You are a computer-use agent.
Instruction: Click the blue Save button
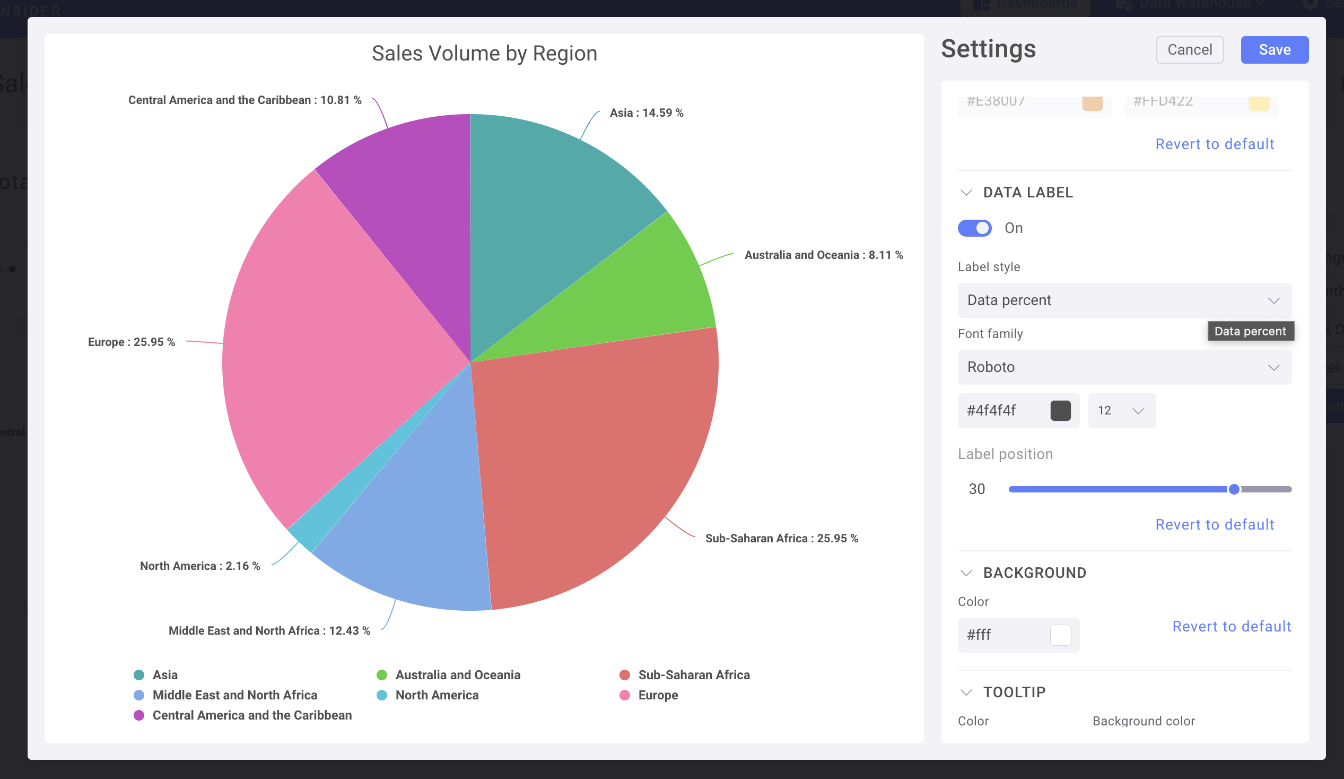pos(1273,50)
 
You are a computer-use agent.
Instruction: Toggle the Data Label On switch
pos(974,228)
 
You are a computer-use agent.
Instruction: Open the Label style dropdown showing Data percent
pos(1124,300)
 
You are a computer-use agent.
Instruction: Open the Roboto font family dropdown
pos(1124,367)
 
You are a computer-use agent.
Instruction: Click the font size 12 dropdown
pos(1121,410)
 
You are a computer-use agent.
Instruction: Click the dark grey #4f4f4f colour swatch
pos(1060,410)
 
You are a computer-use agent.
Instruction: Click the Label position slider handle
pos(1233,489)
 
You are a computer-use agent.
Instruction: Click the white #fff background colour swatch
pos(1060,635)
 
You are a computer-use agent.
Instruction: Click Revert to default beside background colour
pos(1231,626)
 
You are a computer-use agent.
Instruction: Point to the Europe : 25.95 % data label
pos(131,342)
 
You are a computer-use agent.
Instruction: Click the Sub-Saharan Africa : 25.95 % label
pos(781,539)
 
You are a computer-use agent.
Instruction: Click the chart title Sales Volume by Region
pos(484,54)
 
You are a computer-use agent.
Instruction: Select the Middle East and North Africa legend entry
pos(234,695)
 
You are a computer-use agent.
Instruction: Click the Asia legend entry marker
pos(139,675)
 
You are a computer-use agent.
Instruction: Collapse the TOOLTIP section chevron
pos(966,692)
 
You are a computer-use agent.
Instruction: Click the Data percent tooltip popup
pos(1250,331)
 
